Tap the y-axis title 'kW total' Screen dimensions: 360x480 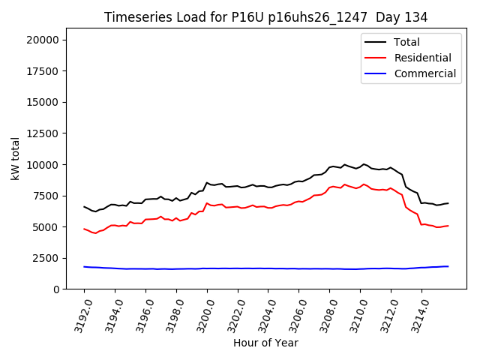click(x=15, y=158)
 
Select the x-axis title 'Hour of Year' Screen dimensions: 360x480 click(x=265, y=343)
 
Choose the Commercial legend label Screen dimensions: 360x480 click(x=424, y=73)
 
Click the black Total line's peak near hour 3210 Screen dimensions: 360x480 click(x=364, y=163)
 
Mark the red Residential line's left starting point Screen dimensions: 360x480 click(x=84, y=229)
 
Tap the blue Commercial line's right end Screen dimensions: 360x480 click(x=448, y=266)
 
